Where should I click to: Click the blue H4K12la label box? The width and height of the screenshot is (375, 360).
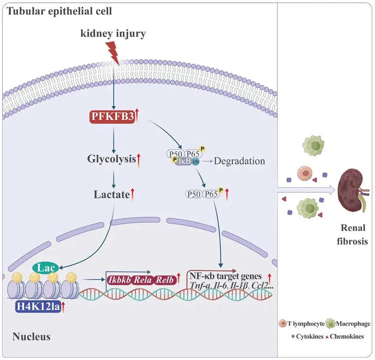click(x=37, y=306)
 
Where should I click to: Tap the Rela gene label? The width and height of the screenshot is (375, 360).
click(x=145, y=280)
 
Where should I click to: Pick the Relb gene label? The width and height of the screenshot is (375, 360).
click(x=167, y=280)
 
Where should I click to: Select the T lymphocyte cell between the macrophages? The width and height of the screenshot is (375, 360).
click(x=304, y=175)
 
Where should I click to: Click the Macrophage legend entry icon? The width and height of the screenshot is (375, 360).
click(x=331, y=323)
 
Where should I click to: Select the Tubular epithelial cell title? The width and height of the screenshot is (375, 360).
click(x=59, y=11)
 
